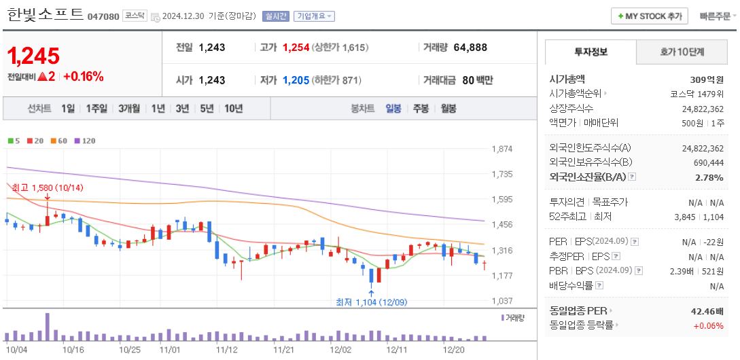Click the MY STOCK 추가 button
pos(650,16)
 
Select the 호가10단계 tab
pos(682,52)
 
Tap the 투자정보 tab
pos(591,52)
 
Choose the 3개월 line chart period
pos(128,108)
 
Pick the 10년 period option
pos(233,108)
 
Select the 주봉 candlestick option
pos(421,108)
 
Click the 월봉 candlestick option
pos(448,108)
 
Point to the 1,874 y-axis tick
pos(501,149)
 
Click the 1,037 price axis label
pos(501,301)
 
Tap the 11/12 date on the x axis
pos(226,350)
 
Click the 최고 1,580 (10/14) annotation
pos(47,187)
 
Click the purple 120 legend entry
pos(86,141)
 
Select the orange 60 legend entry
pos(59,141)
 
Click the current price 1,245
pos(34,56)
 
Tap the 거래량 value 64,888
pos(470,48)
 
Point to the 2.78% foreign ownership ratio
pos(709,177)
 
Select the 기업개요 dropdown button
pos(313,16)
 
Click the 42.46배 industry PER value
pos(707,310)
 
